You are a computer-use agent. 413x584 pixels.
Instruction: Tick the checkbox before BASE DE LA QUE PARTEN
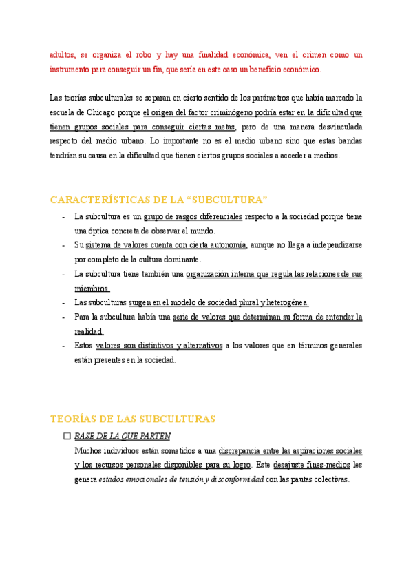click(67, 436)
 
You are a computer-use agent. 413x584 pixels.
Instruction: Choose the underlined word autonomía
click(222, 244)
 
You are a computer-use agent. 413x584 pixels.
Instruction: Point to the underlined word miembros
click(92, 289)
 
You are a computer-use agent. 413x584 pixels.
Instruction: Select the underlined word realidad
click(89, 331)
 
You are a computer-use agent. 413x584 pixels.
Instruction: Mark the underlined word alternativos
click(200, 346)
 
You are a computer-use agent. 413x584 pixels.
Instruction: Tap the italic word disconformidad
click(238, 480)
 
